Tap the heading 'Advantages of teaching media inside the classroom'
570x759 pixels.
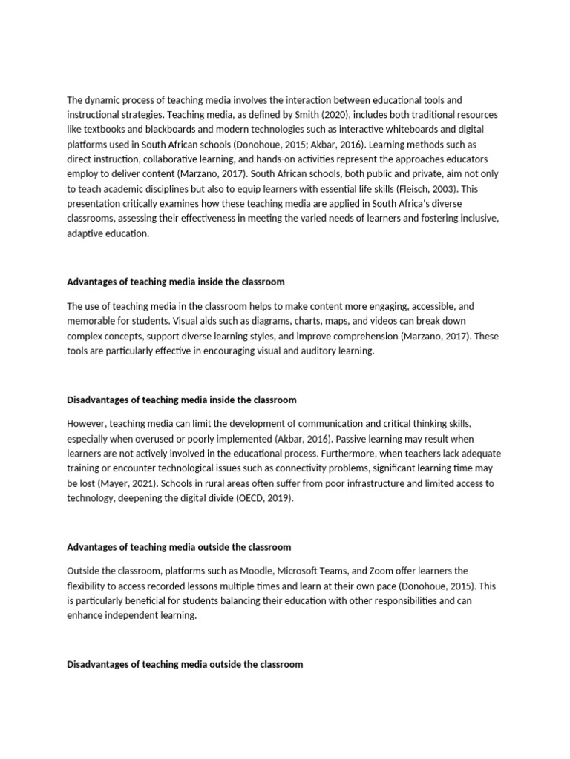176,282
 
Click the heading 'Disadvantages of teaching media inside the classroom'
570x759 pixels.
182,400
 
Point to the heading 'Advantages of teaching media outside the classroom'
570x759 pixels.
179,547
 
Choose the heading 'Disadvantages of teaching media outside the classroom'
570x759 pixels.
185,664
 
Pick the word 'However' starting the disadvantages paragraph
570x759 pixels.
88,422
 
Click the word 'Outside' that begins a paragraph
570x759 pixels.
85,571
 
